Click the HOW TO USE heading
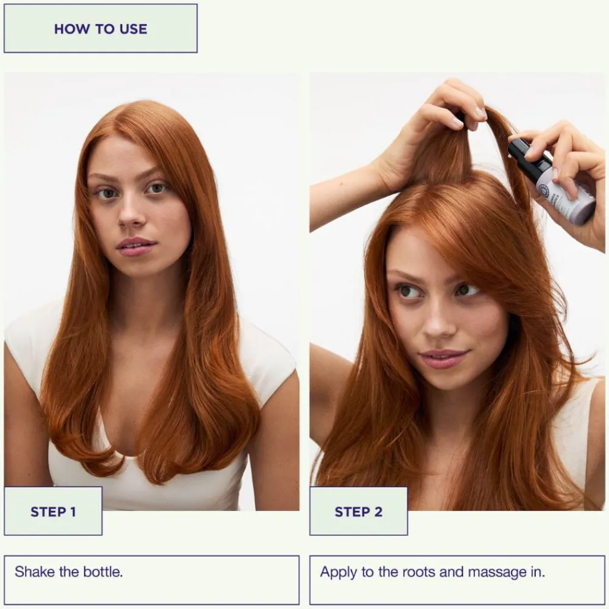[x=100, y=29]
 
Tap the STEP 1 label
[x=53, y=512]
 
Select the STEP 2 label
[x=359, y=512]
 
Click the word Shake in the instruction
[x=35, y=572]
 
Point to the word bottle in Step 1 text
[x=103, y=572]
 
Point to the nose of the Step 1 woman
[x=131, y=216]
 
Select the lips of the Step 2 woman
[x=443, y=359]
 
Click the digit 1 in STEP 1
[x=72, y=512]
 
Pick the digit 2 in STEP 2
[x=378, y=512]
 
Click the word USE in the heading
[x=133, y=29]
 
